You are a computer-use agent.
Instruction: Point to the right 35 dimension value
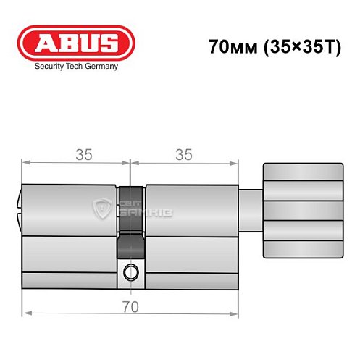click(x=184, y=154)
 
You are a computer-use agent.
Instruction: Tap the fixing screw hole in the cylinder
click(x=130, y=272)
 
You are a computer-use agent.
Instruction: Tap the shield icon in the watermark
click(x=102, y=211)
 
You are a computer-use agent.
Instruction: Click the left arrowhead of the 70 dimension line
click(x=26, y=314)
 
